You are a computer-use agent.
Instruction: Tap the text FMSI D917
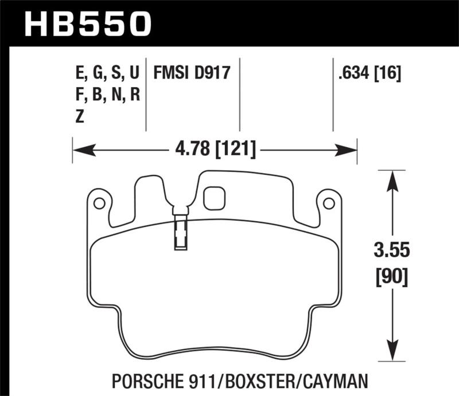[184, 73]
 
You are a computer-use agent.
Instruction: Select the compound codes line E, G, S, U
[107, 73]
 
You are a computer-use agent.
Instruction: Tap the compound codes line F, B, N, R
[107, 95]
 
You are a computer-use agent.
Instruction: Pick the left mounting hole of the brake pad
[99, 203]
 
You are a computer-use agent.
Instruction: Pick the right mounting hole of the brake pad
[328, 203]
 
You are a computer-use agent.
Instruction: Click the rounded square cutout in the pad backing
[215, 198]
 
